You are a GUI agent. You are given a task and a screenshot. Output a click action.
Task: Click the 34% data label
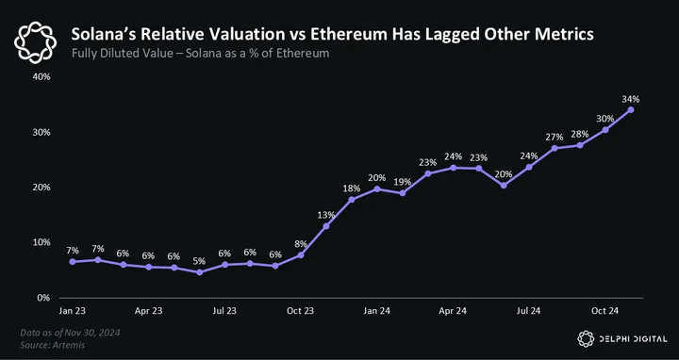(631, 99)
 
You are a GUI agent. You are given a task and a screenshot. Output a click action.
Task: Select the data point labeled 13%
(326, 226)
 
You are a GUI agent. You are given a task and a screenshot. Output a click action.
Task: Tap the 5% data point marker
(199, 272)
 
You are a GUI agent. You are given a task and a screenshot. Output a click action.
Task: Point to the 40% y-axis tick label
(42, 77)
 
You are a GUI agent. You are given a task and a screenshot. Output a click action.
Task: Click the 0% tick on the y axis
(44, 298)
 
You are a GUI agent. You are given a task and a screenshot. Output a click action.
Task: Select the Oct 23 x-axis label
(301, 311)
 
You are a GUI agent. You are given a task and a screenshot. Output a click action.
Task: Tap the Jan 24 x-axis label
(376, 311)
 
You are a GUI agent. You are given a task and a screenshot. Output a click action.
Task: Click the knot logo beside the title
(35, 42)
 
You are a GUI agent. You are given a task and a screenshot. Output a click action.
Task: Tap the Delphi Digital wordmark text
(633, 339)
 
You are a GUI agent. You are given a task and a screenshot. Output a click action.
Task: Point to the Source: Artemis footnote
(53, 345)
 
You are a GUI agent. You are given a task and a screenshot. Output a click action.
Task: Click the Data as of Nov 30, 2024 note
(70, 333)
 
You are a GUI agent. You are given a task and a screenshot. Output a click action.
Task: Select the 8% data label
(301, 244)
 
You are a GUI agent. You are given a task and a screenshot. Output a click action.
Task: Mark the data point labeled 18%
(351, 200)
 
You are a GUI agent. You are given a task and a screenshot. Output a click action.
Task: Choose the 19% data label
(403, 182)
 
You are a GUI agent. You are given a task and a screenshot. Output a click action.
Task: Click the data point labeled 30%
(604, 130)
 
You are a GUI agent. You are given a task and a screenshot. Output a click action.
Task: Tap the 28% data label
(580, 135)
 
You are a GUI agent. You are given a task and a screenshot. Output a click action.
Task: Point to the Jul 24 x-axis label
(529, 311)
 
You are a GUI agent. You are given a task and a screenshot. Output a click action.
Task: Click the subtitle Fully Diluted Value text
(123, 54)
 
